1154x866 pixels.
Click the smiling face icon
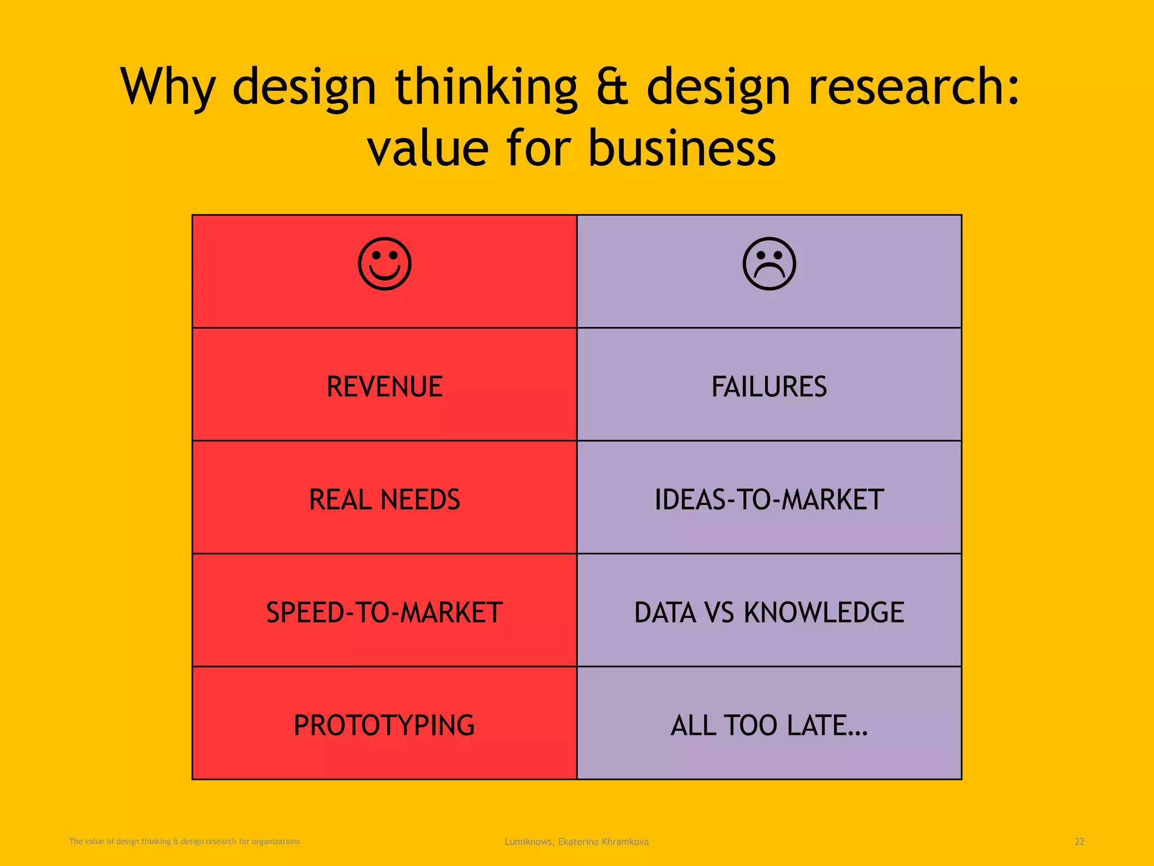pyautogui.click(x=385, y=264)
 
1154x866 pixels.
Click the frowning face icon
pyautogui.click(x=769, y=264)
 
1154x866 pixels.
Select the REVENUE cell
pyautogui.click(x=385, y=387)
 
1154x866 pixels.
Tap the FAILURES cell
pyautogui.click(x=769, y=387)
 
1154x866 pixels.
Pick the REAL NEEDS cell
pyautogui.click(x=385, y=500)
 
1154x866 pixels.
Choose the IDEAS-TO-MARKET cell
pyautogui.click(x=769, y=500)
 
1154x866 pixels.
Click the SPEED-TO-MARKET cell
pyautogui.click(x=385, y=612)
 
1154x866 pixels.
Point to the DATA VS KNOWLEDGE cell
pyautogui.click(x=769, y=612)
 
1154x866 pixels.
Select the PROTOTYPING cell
pyautogui.click(x=385, y=725)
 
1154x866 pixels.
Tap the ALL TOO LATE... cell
pyautogui.click(x=769, y=725)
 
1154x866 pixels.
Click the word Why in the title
pyautogui.click(x=168, y=87)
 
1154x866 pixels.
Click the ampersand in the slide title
pyautogui.click(x=611, y=87)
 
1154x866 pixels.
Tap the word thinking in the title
pyautogui.click(x=486, y=87)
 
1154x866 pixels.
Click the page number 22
pyautogui.click(x=1079, y=842)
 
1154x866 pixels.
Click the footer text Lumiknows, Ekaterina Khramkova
pyautogui.click(x=576, y=842)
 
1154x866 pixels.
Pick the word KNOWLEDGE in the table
pyautogui.click(x=824, y=612)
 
